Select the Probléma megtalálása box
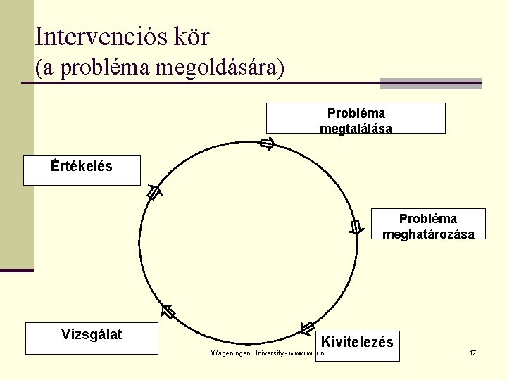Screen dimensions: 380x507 356,118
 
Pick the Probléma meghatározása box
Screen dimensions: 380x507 428,224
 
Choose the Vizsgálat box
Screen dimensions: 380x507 92,338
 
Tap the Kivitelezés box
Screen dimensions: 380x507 358,345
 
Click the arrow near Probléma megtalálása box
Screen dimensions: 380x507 266,145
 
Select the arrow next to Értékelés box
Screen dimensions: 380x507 154,191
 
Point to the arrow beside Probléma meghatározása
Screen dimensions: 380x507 356,227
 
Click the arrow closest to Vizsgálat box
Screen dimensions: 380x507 168,311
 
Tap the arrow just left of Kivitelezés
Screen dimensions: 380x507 307,328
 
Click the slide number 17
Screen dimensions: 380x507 472,352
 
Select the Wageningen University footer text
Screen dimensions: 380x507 268,352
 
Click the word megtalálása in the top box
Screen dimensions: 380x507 356,129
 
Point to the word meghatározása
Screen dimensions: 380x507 428,234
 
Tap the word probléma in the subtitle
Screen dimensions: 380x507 96,68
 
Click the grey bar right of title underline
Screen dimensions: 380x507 430,83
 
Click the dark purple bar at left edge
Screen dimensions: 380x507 16,270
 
